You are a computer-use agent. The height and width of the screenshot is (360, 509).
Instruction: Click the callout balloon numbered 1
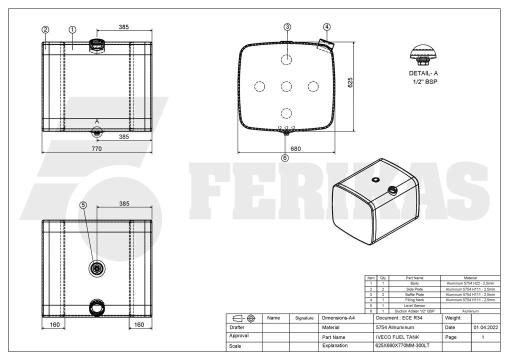[72, 30]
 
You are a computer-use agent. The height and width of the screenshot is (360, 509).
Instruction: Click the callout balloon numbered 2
[45, 30]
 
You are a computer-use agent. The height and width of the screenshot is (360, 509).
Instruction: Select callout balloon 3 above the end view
[287, 27]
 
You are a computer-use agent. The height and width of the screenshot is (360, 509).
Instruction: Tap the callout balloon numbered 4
[327, 27]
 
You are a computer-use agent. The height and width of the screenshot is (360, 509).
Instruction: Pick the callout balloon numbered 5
[83, 205]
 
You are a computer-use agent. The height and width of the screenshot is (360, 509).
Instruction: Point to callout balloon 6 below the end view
[285, 158]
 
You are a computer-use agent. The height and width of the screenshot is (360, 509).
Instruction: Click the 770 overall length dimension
[96, 148]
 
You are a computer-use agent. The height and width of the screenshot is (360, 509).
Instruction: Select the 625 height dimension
[350, 82]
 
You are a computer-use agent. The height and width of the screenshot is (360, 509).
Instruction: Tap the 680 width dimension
[295, 148]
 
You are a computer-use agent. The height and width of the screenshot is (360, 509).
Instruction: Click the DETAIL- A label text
[423, 73]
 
